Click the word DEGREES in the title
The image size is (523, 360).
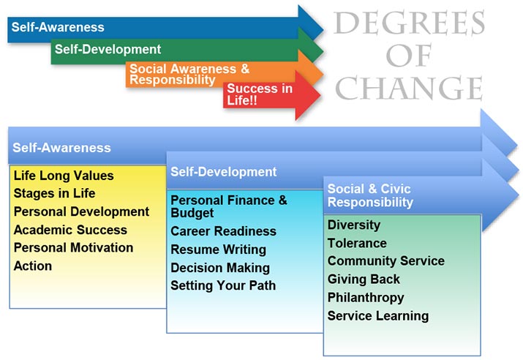point(409,23)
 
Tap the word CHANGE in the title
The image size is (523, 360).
point(409,88)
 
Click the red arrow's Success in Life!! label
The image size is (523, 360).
point(260,94)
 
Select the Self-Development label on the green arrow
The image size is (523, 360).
point(108,49)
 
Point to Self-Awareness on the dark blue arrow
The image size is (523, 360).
point(58,27)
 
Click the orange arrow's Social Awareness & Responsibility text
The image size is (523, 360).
point(189,74)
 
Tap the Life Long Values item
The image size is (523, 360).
point(64,176)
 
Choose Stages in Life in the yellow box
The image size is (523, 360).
point(54,193)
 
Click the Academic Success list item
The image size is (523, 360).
point(70,230)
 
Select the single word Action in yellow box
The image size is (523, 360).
point(33,266)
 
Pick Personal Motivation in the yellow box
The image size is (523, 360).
point(73,247)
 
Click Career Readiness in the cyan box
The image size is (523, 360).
point(224,231)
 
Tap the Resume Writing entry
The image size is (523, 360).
point(219,250)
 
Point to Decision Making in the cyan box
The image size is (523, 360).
point(220,268)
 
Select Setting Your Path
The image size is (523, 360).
point(223,285)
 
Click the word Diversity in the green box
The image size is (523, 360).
point(354,225)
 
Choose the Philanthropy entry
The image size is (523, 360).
point(366,298)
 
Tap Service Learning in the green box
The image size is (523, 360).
point(378,315)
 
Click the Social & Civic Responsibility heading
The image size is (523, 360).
point(370,195)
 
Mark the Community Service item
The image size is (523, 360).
point(386,261)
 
